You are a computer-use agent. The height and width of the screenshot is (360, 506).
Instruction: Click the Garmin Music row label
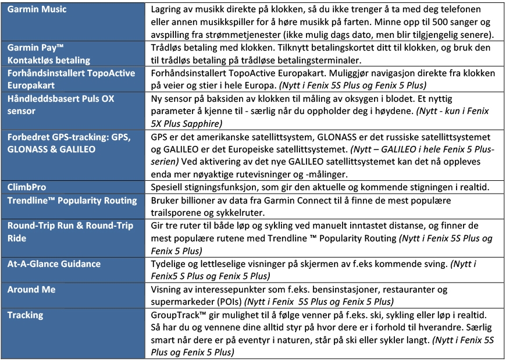[x=37, y=9]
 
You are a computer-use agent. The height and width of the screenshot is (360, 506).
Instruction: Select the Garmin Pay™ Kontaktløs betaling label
[x=48, y=54]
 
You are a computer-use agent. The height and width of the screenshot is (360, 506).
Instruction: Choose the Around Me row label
[x=31, y=289]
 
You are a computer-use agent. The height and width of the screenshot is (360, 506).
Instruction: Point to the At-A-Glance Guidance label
[x=54, y=263]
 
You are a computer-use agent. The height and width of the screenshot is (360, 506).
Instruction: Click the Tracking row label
[x=25, y=315]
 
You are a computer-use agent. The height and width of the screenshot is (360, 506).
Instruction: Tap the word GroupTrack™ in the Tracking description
[x=178, y=315]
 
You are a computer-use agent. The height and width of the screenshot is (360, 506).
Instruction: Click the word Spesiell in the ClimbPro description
[x=168, y=187]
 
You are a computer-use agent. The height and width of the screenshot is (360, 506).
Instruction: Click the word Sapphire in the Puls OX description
[x=205, y=123]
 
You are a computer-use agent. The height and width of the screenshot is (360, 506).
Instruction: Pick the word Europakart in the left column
[x=32, y=85]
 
